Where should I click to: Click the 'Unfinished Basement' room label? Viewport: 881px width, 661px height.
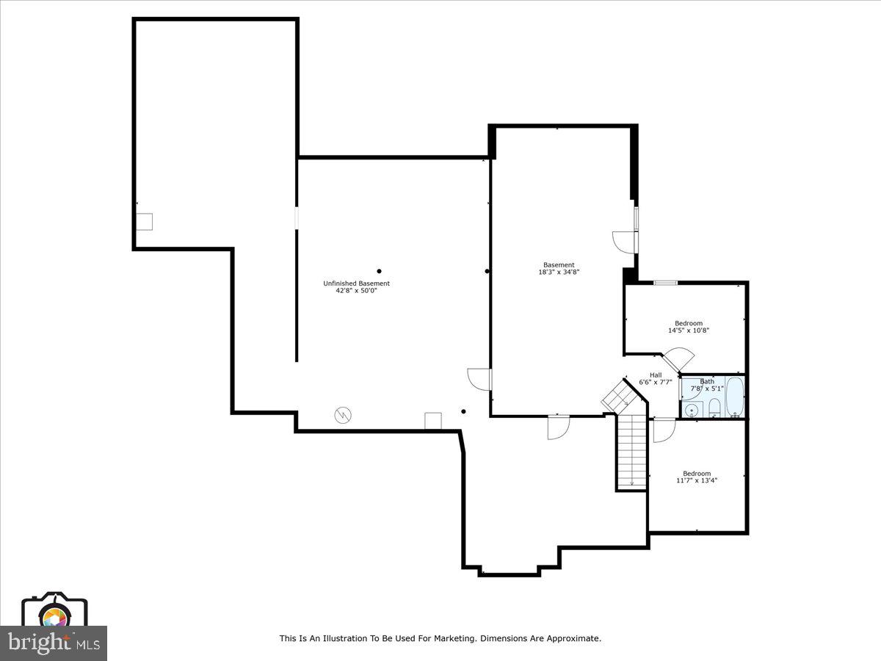click(356, 283)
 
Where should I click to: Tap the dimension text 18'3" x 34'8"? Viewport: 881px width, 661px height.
click(559, 272)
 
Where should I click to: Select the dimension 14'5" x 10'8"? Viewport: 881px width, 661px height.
click(688, 330)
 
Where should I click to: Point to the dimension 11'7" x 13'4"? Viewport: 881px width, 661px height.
click(696, 480)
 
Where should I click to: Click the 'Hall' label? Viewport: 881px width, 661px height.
click(655, 375)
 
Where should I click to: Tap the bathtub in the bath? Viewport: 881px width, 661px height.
click(734, 397)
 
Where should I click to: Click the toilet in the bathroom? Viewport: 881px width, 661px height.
click(714, 408)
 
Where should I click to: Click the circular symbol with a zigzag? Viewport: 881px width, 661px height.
click(342, 416)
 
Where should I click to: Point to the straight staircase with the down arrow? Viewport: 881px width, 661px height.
click(631, 452)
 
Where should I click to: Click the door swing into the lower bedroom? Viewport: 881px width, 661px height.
click(663, 430)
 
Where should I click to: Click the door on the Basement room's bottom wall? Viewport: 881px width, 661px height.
click(558, 427)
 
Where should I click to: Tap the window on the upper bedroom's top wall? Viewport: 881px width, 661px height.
click(665, 283)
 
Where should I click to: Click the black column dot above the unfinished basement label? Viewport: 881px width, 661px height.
click(380, 271)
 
